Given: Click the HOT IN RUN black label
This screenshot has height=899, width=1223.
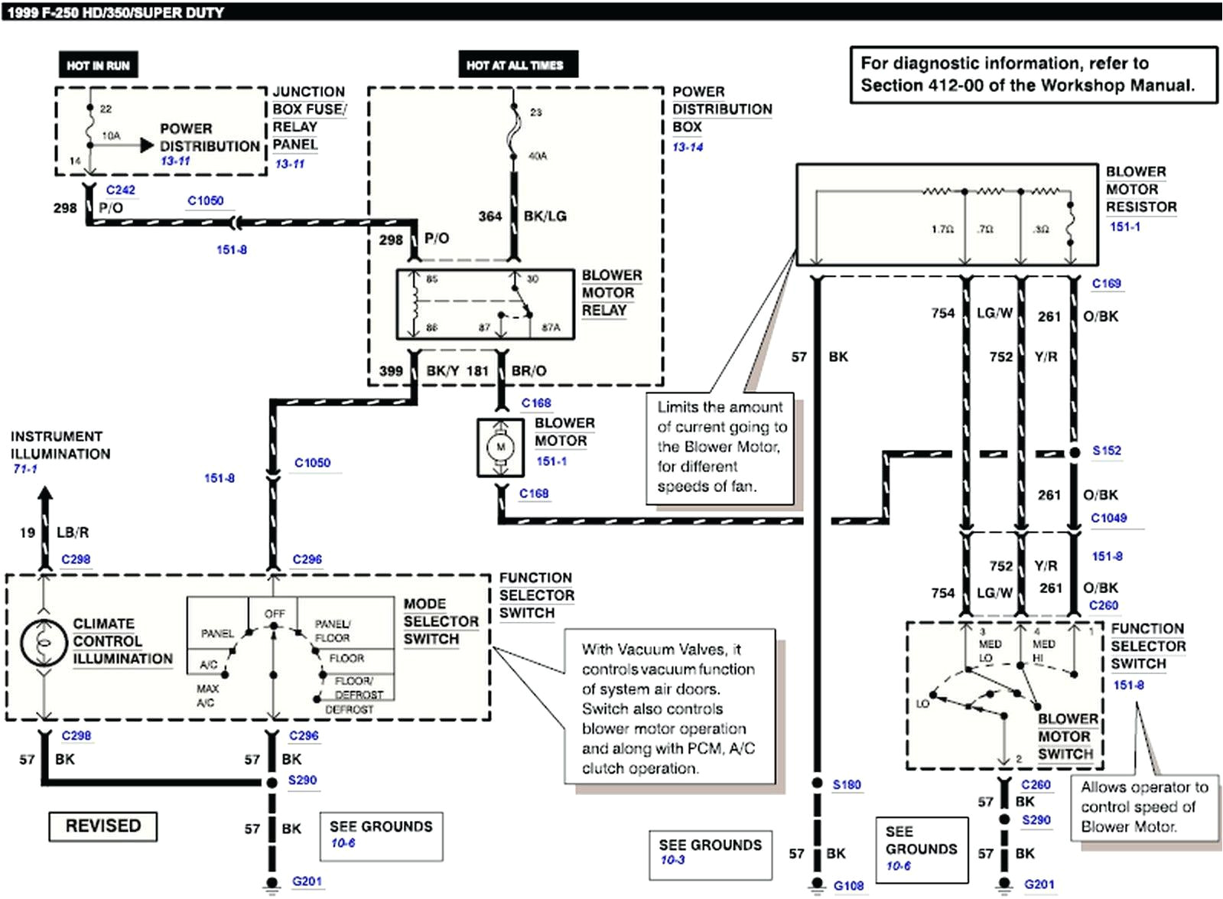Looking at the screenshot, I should tap(98, 65).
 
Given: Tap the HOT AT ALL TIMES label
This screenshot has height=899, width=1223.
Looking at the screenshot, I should tap(515, 65).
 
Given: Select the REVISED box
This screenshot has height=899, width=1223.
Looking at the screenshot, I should tap(103, 826).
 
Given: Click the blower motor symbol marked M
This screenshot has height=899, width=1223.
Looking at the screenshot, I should tap(501, 447).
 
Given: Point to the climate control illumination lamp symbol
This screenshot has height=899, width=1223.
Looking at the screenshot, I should tap(44, 643).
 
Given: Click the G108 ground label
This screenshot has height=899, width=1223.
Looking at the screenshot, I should tap(848, 885).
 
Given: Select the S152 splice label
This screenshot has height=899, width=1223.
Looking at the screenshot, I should tap(1106, 451).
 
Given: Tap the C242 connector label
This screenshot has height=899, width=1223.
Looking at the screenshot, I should tap(120, 190).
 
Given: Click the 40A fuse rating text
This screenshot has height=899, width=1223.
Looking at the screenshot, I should tap(538, 156).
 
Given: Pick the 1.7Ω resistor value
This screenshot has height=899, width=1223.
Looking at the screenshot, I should tap(942, 229).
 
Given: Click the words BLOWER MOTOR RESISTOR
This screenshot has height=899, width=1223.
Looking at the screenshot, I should tap(1140, 189).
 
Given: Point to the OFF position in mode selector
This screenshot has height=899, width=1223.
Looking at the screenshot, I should tap(274, 614).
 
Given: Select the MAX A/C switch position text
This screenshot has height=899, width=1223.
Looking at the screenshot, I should tap(207, 695).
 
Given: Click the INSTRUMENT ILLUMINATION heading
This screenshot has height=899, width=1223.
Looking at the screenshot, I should tap(60, 445).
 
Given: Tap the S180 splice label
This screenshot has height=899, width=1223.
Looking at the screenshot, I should tap(846, 784).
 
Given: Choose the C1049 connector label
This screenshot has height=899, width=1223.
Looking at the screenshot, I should tap(1108, 518).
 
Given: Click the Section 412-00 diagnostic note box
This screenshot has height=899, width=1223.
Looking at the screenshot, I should tap(1033, 74).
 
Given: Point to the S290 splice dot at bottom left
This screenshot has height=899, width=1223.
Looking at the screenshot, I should tap(272, 783).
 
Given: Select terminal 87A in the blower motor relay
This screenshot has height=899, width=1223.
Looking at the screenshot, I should tap(551, 327).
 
